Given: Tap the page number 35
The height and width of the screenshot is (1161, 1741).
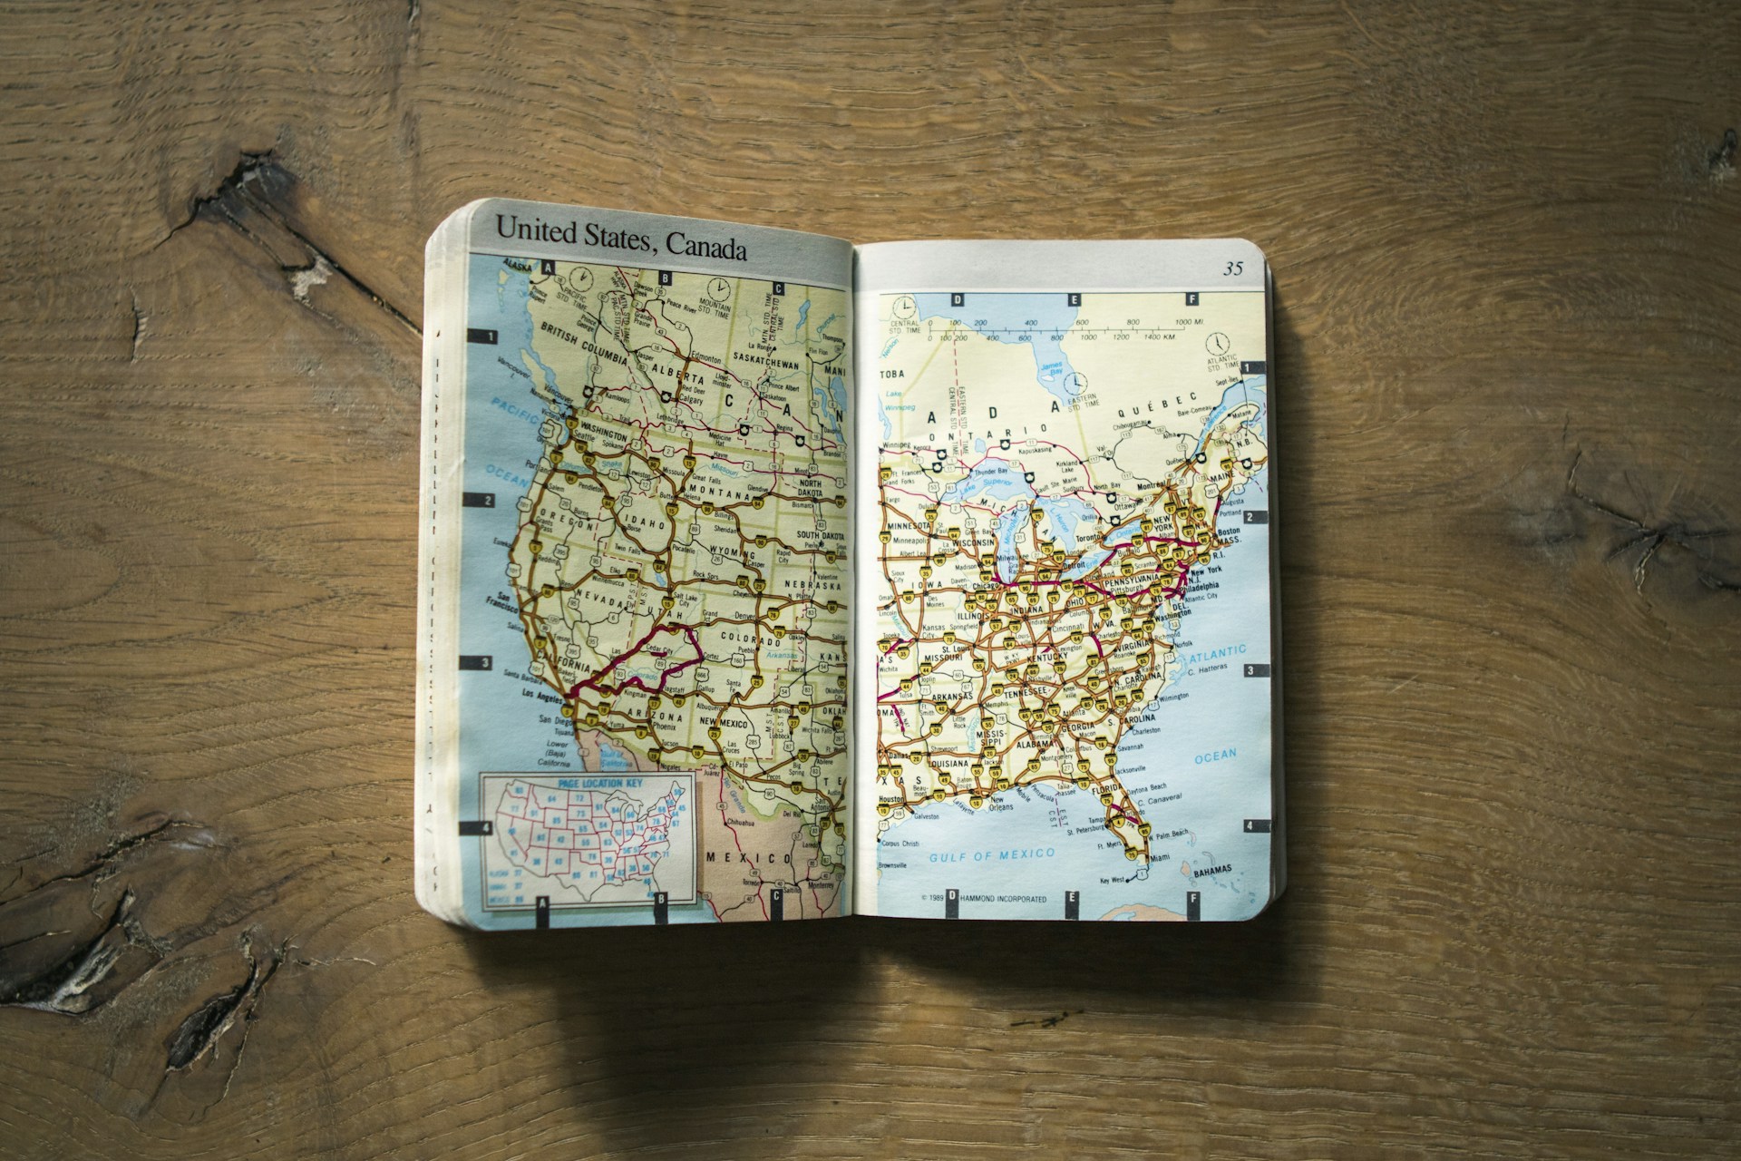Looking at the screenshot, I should (1233, 268).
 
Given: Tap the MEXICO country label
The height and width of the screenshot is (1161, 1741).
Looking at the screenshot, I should (749, 858).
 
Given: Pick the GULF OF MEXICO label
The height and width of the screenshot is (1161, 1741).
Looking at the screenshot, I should (992, 854).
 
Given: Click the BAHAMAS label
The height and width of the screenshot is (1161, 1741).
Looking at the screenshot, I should (1212, 871).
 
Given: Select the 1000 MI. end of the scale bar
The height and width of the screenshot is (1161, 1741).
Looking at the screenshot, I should (1189, 323).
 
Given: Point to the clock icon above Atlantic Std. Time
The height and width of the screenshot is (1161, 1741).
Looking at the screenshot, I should (1218, 343).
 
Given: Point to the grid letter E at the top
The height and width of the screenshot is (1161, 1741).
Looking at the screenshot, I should (1074, 299).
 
